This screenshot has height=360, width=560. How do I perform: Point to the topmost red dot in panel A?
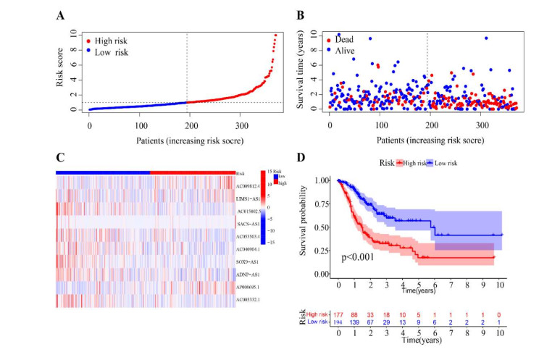[275, 35]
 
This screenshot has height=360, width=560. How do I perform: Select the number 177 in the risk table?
[338, 317]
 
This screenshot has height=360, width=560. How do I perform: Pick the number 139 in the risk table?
[354, 324]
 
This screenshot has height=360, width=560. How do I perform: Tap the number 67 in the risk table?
[371, 324]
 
